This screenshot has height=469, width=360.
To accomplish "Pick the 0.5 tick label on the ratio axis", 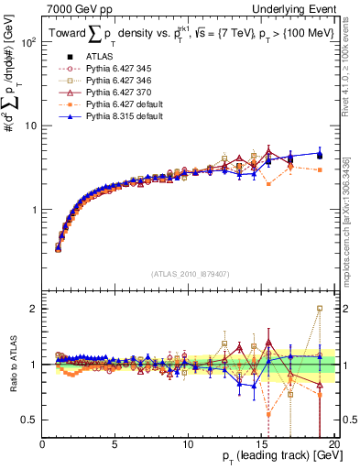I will (27, 420).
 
